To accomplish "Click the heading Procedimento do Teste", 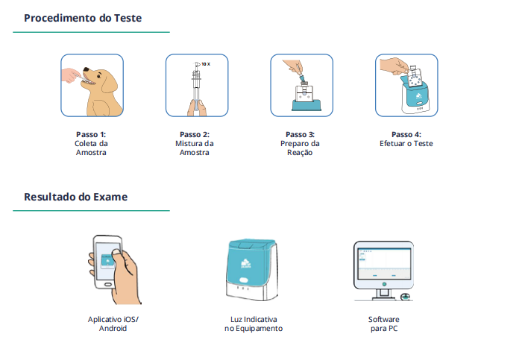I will [x=82, y=17].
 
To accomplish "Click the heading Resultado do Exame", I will [x=75, y=197].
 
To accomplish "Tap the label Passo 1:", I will [x=91, y=135].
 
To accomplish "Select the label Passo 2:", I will [x=195, y=135].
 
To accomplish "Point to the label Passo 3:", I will [x=301, y=135].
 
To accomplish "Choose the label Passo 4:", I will [x=406, y=135].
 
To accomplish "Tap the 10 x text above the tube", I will [x=205, y=65].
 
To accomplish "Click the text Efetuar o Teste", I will [x=406, y=144].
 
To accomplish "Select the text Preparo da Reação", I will [x=301, y=148].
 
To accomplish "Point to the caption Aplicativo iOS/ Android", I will [x=113, y=323].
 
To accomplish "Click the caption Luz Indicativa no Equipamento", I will [x=254, y=323].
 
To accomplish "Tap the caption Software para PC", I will [x=383, y=323].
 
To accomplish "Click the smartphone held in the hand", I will [x=107, y=262].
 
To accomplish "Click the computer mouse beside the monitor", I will [x=405, y=297].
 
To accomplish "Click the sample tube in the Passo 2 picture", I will [x=195, y=89].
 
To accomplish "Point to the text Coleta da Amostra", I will [x=91, y=148].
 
